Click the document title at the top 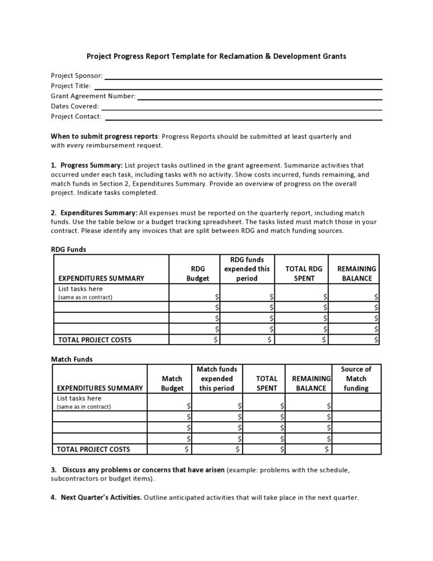[217, 56]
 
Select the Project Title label [71, 86]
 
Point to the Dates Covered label [74, 106]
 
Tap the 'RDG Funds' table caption [68, 249]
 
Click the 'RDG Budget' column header [198, 273]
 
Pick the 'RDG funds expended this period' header [247, 269]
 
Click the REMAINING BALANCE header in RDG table [356, 273]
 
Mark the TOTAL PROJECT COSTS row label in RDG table [95, 340]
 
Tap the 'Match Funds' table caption [72, 359]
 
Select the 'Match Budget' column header [172, 383]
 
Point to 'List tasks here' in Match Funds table [79, 398]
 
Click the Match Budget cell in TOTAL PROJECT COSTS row [169, 449]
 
